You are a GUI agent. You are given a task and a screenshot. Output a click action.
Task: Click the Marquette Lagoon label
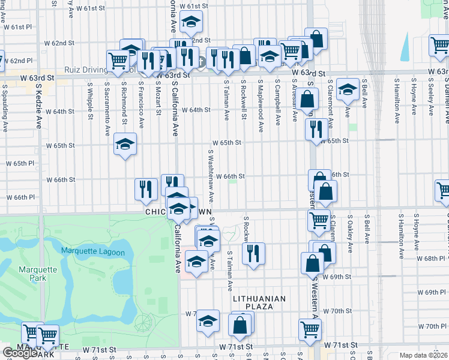click(92, 253)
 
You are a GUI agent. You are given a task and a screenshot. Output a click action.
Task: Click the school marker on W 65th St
click(125, 143)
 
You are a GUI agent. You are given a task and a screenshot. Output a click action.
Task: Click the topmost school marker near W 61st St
click(191, 22)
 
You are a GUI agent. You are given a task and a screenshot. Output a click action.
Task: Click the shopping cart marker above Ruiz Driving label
click(118, 60)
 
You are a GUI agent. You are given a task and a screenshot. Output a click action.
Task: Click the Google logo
click(19, 353)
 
